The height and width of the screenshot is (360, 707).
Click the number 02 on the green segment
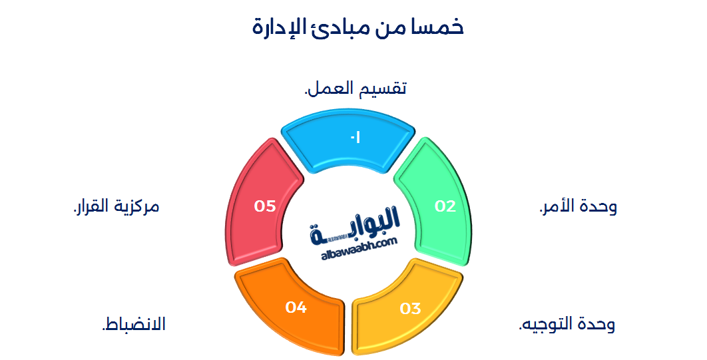tap(445, 206)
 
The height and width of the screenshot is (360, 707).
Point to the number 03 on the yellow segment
tap(411, 309)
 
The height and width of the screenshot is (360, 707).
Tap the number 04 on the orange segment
tap(296, 307)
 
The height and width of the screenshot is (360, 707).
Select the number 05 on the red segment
tap(265, 206)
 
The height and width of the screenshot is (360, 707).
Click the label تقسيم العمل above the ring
tap(355, 89)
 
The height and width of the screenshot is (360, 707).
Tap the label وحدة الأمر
tap(578, 206)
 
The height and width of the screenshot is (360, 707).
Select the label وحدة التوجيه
tap(567, 325)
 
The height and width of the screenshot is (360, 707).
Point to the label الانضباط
tap(133, 325)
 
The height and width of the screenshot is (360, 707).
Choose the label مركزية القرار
tap(116, 206)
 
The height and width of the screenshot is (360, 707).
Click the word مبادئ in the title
tap(336, 27)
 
